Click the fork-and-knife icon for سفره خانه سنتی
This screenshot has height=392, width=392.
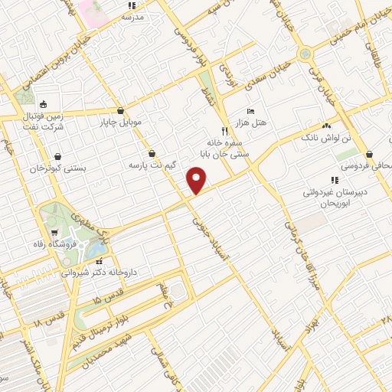click(224, 130)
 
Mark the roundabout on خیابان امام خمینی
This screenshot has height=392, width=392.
click(305, 54)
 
